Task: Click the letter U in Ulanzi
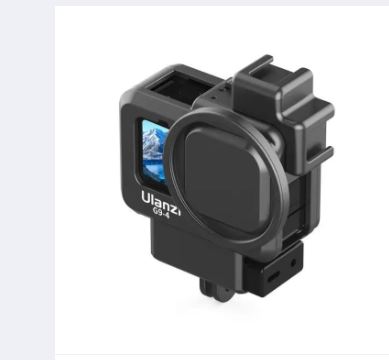pyautogui.click(x=147, y=198)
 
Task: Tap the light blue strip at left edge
pyautogui.click(x=27, y=180)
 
